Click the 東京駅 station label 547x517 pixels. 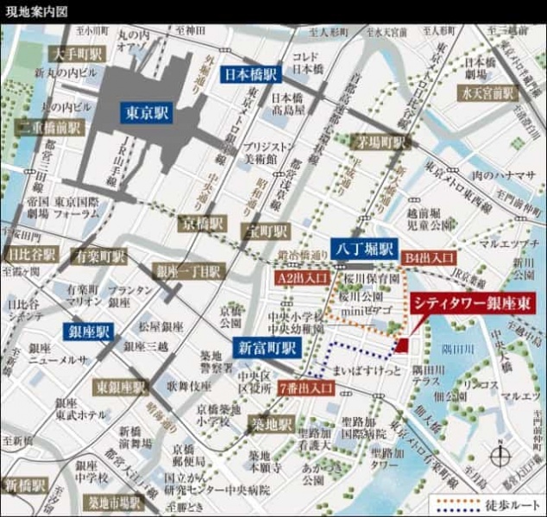tap(148, 113)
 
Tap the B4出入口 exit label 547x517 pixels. tap(426, 256)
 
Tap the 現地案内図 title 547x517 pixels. tap(35, 9)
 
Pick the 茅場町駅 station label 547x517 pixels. tap(380, 141)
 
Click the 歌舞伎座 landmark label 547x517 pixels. tap(189, 386)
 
